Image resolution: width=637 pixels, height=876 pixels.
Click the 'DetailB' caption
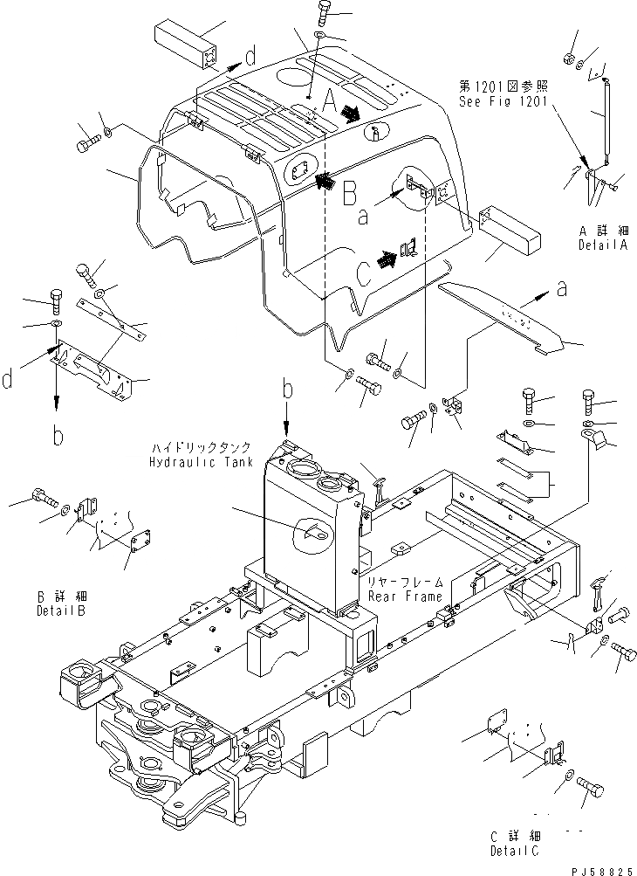click(61, 610)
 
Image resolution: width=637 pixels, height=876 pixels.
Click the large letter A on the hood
click(330, 103)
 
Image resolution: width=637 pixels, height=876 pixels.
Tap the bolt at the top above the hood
click(320, 13)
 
